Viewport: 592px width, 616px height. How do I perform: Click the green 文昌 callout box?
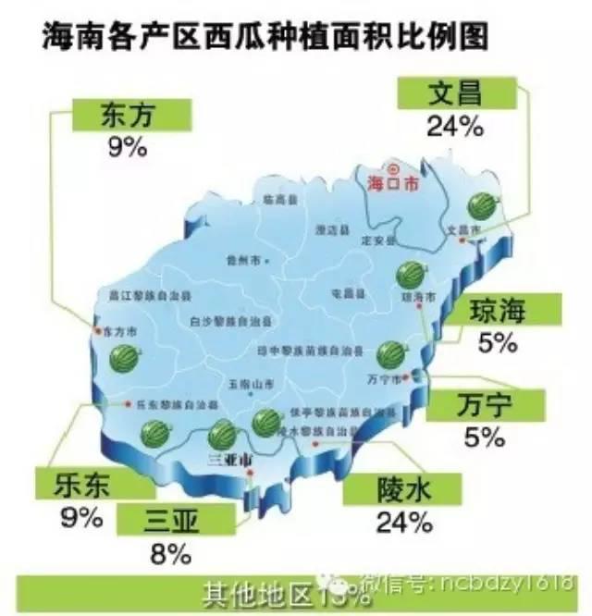(x=456, y=93)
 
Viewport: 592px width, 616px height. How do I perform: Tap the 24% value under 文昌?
(x=455, y=127)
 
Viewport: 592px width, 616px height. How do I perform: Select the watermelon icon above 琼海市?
(x=408, y=274)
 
